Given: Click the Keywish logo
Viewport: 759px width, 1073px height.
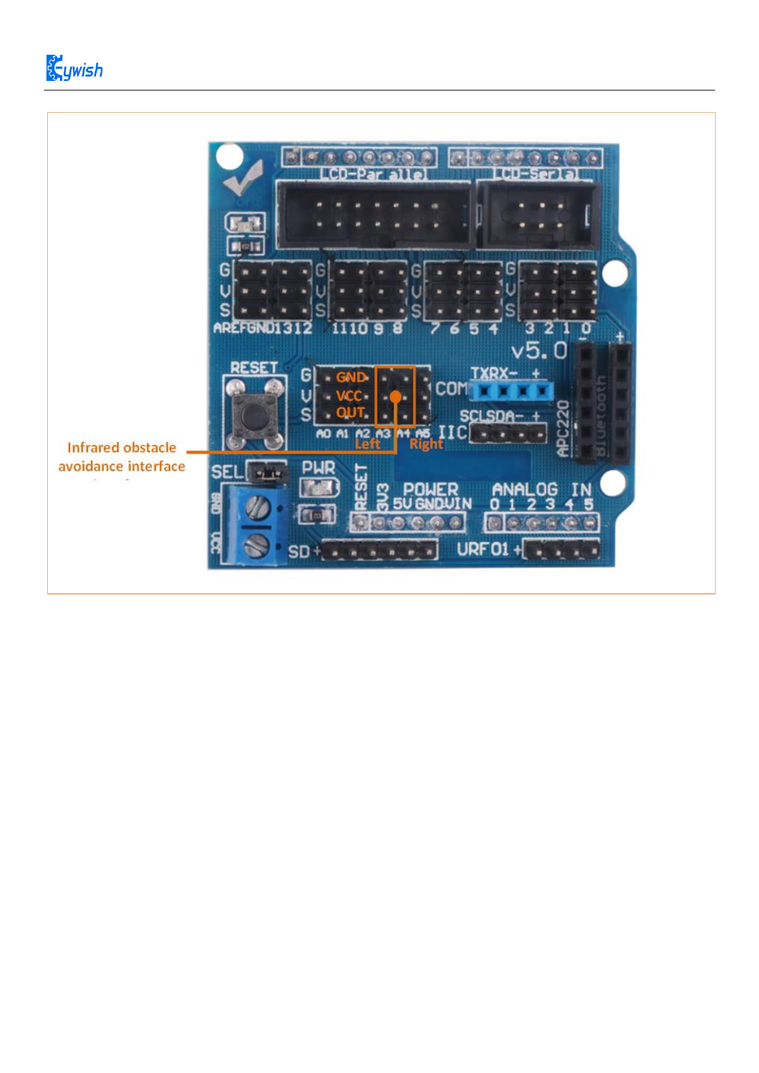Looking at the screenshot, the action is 75,68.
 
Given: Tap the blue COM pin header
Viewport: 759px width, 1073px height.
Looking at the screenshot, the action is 511,389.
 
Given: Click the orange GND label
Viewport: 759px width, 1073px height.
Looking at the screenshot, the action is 351,377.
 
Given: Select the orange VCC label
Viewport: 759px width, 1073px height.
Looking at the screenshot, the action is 349,396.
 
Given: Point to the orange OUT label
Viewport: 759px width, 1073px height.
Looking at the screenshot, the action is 351,413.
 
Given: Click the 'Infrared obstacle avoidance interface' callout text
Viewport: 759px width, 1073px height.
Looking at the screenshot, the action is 122,457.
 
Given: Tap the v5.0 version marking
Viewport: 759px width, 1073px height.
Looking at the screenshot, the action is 539,350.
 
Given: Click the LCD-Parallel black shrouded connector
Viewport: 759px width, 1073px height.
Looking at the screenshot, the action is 375,215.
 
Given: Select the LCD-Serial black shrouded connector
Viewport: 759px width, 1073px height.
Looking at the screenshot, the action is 539,215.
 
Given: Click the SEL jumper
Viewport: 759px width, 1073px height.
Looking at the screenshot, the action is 268,473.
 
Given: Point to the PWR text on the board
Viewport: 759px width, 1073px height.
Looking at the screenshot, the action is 318,468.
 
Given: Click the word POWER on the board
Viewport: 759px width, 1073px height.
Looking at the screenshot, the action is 430,489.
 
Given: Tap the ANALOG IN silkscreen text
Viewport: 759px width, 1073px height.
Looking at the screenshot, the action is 542,489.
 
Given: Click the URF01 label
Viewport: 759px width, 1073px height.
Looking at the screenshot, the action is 482,549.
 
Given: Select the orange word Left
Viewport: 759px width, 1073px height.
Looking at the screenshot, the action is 367,444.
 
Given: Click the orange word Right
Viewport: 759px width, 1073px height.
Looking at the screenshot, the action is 426,444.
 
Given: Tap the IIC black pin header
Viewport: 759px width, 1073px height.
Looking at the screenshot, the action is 509,435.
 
